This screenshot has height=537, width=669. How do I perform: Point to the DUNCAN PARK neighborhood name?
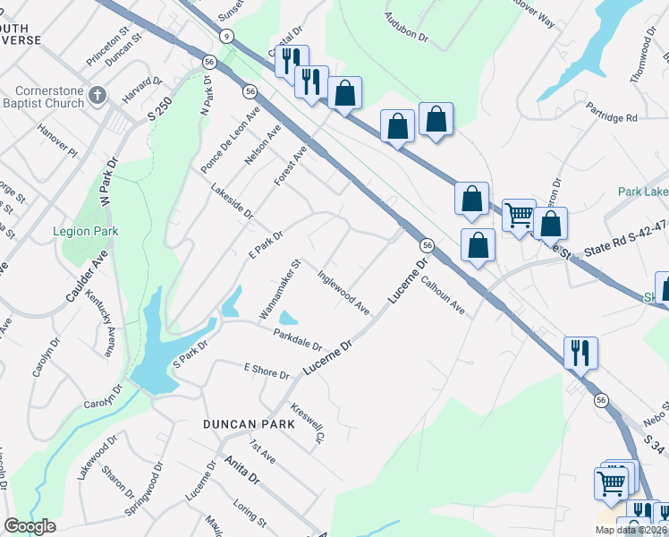(243, 424)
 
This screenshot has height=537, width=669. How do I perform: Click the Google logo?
(30, 526)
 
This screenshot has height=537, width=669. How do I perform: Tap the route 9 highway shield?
(227, 36)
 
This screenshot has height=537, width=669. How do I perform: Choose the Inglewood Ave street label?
(344, 293)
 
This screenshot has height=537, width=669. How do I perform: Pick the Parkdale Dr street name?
(298, 339)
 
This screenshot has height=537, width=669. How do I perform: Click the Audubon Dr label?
(407, 28)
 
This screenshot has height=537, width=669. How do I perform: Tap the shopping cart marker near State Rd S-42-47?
(519, 215)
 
